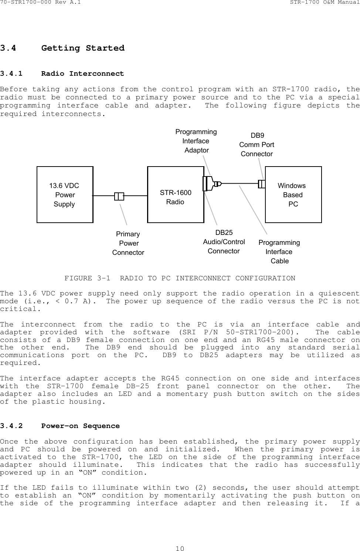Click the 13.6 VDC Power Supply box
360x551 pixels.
65,195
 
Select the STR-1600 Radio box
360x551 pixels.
176,195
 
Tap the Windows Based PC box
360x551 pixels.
293,195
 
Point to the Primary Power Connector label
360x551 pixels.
128,243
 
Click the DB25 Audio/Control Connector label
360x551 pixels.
224,242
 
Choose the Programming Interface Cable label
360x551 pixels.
279,251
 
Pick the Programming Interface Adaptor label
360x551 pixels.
196,141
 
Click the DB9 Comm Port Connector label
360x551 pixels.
257,144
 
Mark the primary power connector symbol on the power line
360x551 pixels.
119,196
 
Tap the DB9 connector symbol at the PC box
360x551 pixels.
262,184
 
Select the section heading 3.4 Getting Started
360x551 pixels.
62,48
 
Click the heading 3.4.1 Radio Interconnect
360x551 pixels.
62,73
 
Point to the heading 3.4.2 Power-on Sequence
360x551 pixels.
60,426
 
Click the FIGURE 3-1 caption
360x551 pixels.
180,278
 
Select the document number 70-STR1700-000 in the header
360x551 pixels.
26,3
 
